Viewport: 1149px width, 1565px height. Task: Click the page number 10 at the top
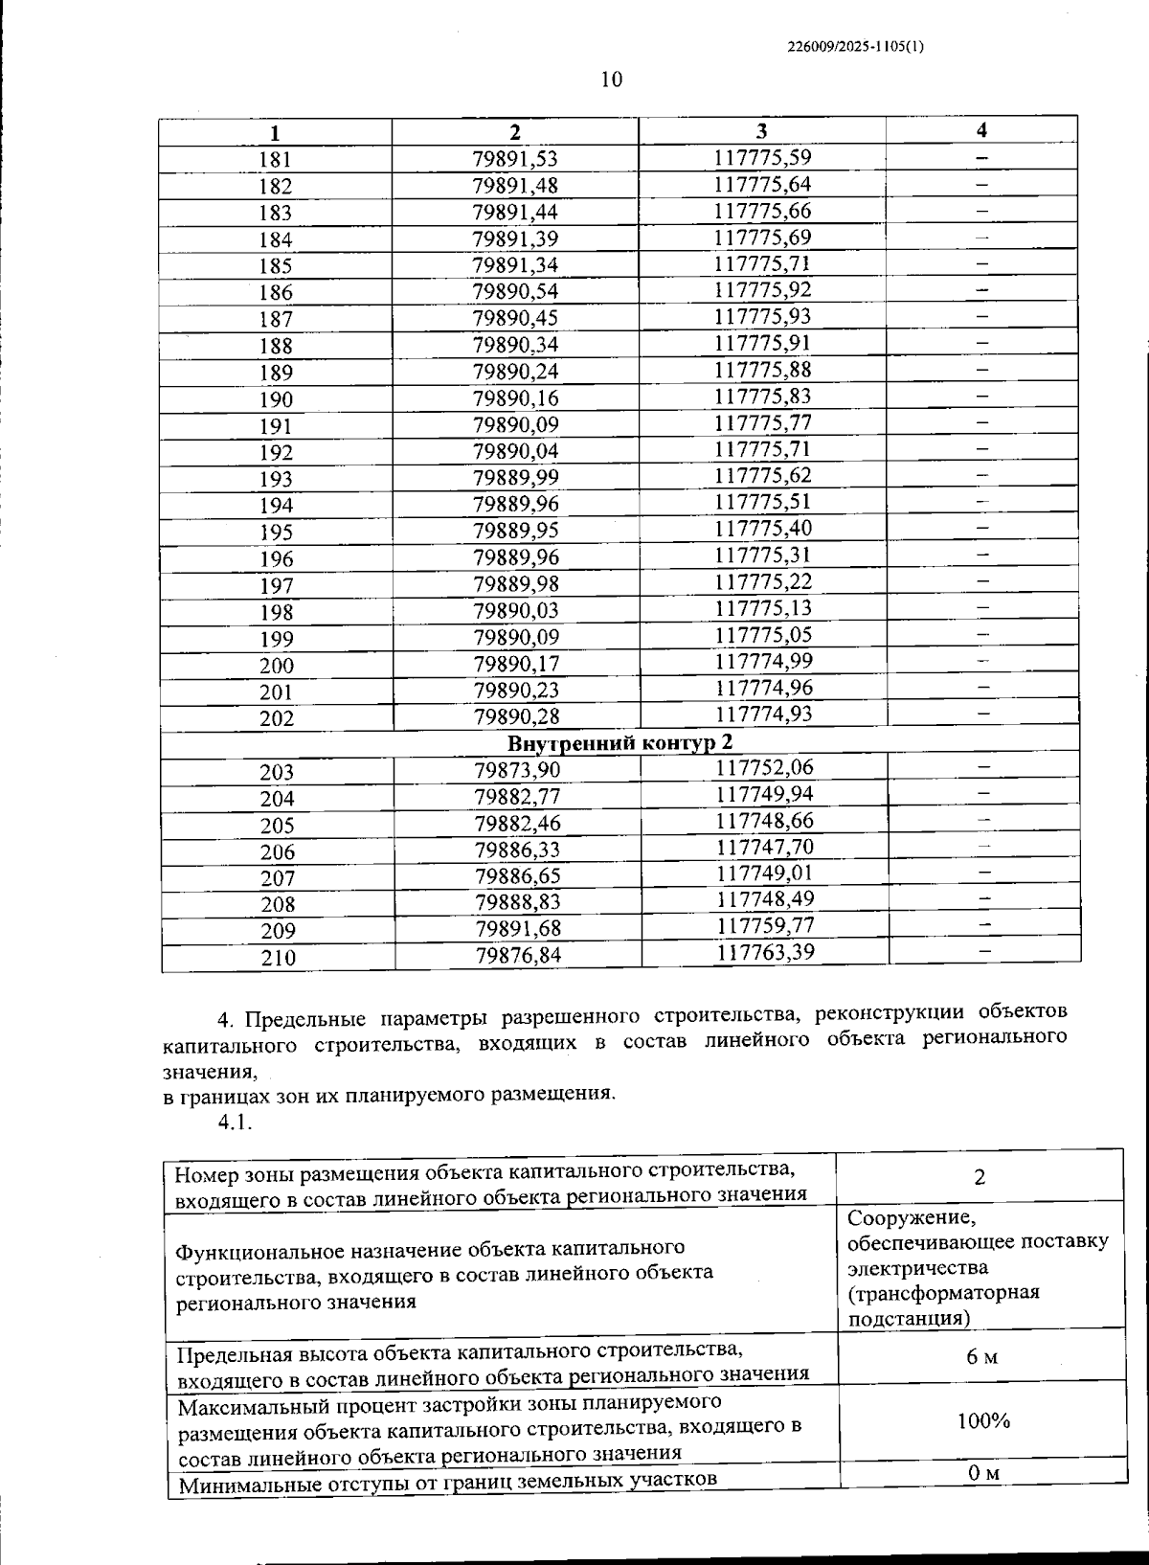coord(611,79)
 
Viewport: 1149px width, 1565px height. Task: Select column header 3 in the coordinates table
coord(761,131)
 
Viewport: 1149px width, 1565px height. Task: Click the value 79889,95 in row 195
coord(516,531)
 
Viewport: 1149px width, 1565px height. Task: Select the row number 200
coord(277,665)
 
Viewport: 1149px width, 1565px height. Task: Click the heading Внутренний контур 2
coord(620,742)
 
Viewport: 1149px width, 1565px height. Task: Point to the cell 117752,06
coord(764,767)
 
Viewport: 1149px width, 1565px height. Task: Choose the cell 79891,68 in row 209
coord(518,928)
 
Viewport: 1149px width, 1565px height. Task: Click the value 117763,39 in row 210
coord(765,952)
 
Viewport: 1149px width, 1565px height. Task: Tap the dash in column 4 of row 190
coord(981,395)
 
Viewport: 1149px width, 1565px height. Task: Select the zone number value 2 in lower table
coord(979,1177)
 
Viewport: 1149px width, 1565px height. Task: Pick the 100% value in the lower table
coord(983,1420)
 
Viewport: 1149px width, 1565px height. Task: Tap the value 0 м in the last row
coord(983,1474)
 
